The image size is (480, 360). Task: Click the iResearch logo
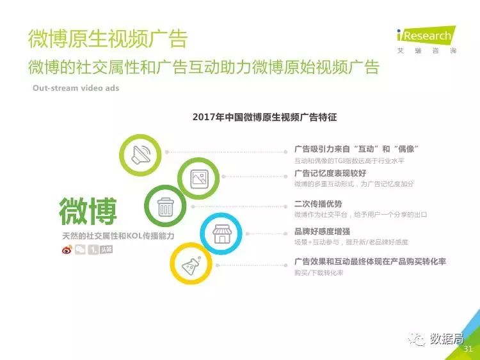[x=426, y=40]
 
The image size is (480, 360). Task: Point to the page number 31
[x=468, y=348]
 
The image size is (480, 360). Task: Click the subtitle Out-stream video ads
[x=76, y=88]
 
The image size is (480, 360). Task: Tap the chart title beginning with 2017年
[x=265, y=117]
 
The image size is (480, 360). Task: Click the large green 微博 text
[x=88, y=211]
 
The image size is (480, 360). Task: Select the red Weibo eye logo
[x=67, y=249]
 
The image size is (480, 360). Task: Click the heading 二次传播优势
[x=318, y=204]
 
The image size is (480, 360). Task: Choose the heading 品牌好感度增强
[x=322, y=231]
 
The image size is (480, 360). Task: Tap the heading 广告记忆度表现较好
[x=330, y=173]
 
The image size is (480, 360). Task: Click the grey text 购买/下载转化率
[x=319, y=272]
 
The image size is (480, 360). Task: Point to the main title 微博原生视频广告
[x=108, y=39]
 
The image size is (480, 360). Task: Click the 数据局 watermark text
[x=447, y=339]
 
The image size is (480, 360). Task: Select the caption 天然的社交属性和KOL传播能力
[x=118, y=236]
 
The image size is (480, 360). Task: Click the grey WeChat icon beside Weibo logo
[x=80, y=249]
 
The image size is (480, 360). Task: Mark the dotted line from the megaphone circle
[x=226, y=152]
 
